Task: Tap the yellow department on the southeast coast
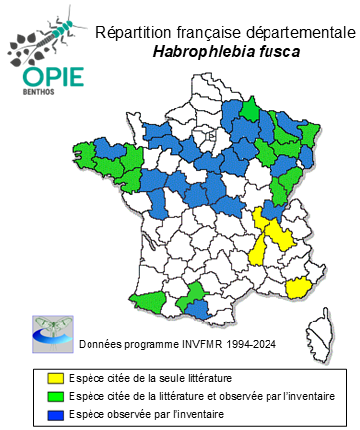pos(298,289)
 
